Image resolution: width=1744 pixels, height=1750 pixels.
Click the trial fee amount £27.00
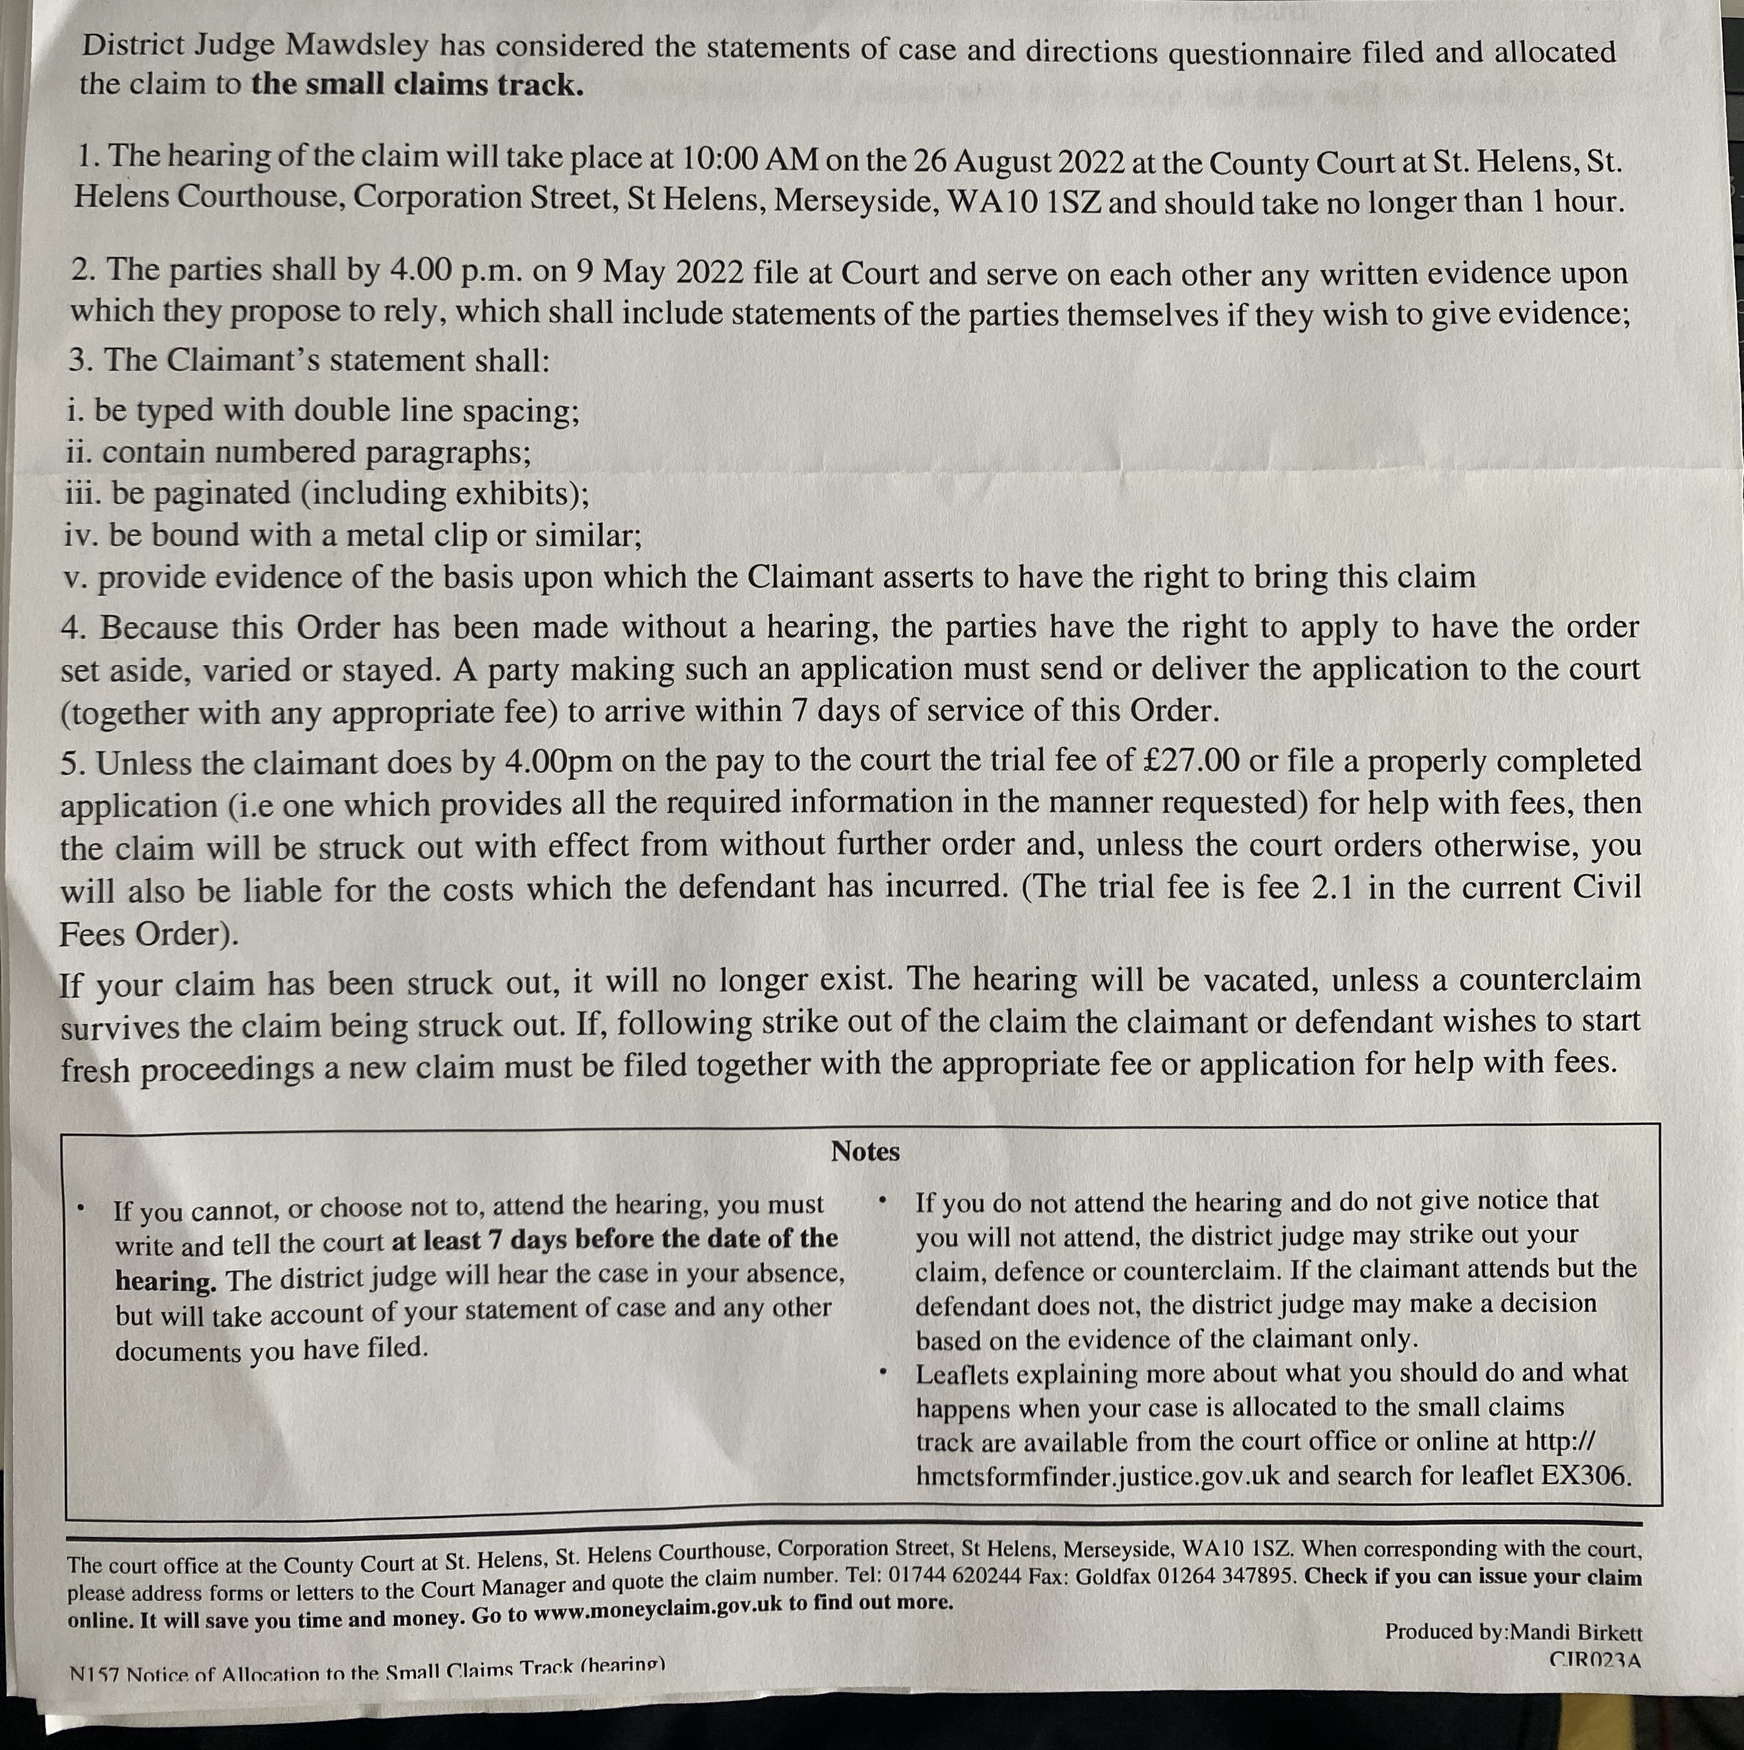click(x=1192, y=760)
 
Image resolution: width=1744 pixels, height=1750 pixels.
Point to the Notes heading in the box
click(x=865, y=1151)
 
